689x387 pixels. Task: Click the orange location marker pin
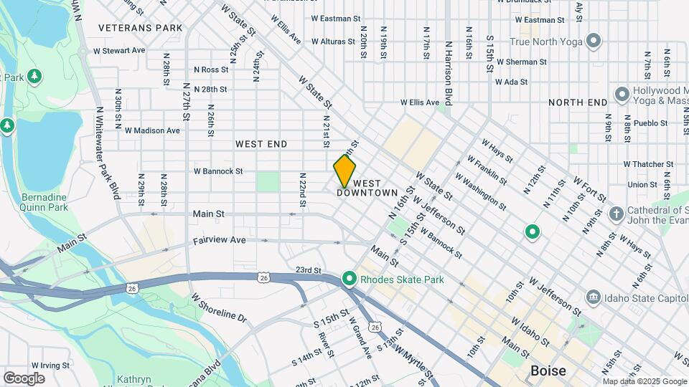coord(344,171)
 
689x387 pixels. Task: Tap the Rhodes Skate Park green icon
coord(350,279)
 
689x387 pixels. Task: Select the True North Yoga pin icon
coord(593,40)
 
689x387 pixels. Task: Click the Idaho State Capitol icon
coord(593,296)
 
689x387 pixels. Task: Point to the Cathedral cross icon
coord(615,214)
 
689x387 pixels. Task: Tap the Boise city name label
coord(548,371)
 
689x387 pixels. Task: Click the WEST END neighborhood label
coord(261,144)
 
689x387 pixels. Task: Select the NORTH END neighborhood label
coord(578,102)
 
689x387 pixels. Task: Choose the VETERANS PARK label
coord(141,28)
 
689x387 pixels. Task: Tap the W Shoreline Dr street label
coord(219,307)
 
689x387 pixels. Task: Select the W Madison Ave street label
coord(152,130)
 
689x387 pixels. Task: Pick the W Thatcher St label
coord(647,164)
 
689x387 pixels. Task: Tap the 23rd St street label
coord(308,270)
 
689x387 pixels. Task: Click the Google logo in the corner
coord(24,378)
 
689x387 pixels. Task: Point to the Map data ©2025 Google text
coord(644,381)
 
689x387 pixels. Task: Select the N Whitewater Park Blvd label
coord(106,154)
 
